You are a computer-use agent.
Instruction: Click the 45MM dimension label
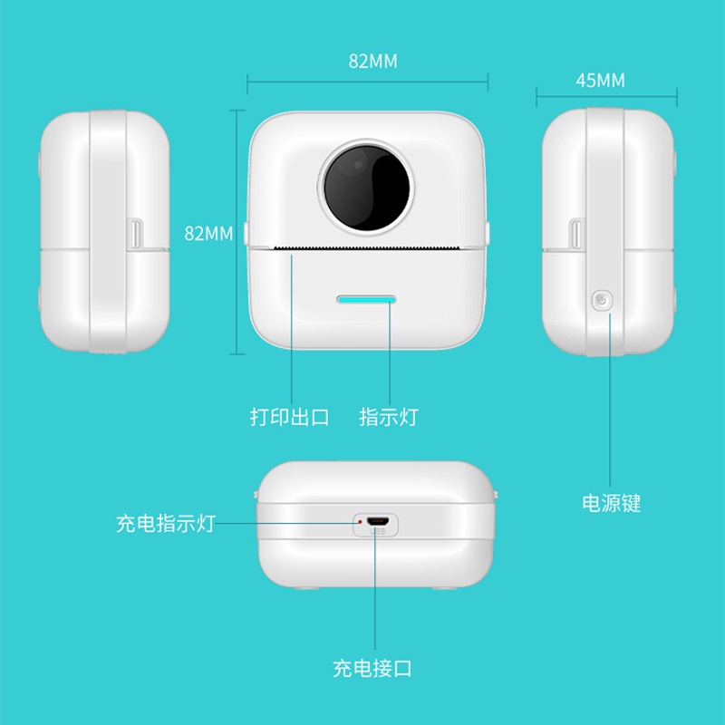[600, 81]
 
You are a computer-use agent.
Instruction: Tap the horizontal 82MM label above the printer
[373, 61]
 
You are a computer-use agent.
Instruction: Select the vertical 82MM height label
[208, 234]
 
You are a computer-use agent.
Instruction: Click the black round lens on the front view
[367, 188]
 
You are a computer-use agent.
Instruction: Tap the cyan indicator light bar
[366, 300]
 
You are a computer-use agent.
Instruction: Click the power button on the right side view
[602, 301]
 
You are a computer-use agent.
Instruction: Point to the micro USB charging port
[378, 522]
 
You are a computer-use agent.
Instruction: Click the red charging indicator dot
[360, 522]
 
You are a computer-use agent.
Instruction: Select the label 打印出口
[289, 417]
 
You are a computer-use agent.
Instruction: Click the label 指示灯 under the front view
[389, 417]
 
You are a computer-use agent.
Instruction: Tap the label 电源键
[611, 503]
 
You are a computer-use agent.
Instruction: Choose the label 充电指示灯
[166, 524]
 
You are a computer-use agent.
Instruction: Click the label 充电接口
[372, 668]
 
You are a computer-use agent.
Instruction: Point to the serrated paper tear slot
[367, 248]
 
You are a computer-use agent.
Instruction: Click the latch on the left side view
[136, 234]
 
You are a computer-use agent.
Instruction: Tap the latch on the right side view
[576, 234]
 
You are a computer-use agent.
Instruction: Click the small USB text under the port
[378, 531]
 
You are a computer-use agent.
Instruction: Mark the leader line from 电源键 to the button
[610, 400]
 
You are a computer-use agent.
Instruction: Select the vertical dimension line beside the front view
[237, 232]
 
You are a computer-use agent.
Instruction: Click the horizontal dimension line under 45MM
[606, 97]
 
